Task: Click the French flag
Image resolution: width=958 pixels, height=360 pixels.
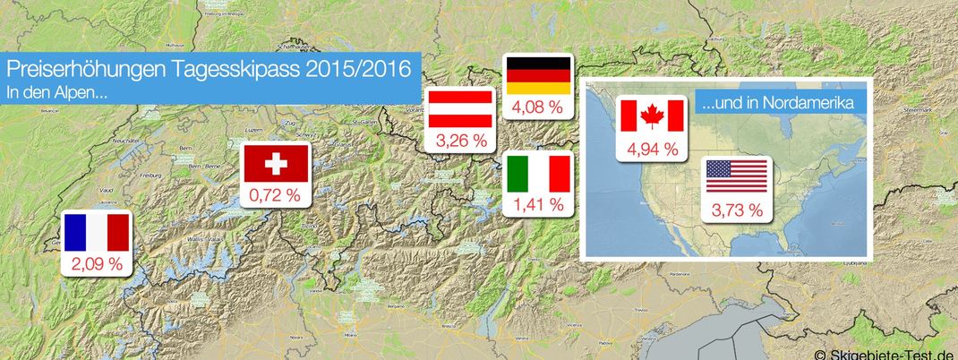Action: (97, 232)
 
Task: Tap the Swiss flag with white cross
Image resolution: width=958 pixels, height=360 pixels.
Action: (277, 163)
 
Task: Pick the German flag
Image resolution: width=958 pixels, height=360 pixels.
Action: (537, 75)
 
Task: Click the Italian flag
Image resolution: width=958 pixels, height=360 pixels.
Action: (538, 173)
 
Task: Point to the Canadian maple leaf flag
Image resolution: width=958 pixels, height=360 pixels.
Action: (652, 116)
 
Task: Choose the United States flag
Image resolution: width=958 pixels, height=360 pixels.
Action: (736, 176)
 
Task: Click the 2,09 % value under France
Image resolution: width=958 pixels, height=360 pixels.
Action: (97, 264)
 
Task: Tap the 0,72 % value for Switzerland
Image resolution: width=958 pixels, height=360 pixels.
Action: (277, 194)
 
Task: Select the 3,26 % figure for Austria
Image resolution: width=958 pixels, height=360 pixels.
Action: (460, 141)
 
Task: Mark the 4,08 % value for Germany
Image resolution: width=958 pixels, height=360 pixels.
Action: (537, 107)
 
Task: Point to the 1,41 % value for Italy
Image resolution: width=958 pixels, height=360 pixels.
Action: (538, 205)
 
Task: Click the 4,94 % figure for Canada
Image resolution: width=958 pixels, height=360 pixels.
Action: (652, 148)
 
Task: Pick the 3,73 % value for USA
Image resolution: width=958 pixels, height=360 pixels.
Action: (736, 210)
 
